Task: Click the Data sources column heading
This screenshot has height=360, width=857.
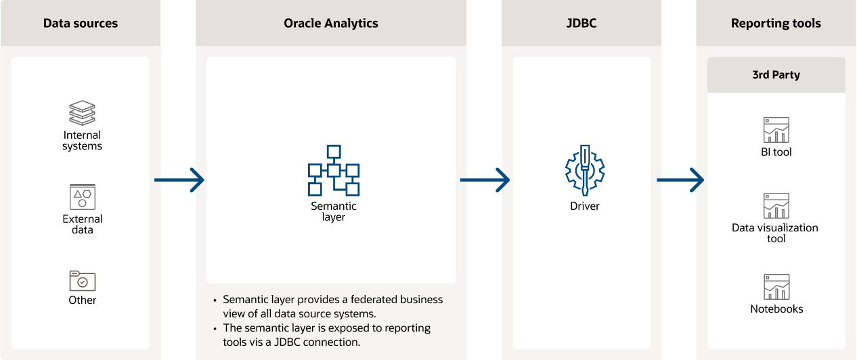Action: tap(81, 24)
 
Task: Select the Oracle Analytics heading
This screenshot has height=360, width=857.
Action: tap(331, 24)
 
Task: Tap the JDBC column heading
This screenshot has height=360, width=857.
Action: tap(581, 24)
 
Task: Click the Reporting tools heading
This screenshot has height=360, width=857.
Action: tap(776, 24)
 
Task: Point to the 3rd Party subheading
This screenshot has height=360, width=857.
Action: tap(776, 75)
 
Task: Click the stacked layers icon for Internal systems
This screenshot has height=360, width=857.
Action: tap(83, 113)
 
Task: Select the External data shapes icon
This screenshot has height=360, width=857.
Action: tap(83, 197)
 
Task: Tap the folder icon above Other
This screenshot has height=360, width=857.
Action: tap(83, 280)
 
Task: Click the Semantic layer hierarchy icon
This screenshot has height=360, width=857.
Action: tap(334, 170)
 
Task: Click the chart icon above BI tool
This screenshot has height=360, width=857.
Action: tap(776, 130)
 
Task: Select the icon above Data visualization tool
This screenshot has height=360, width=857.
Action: tap(776, 206)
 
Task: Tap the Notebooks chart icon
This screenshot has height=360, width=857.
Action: tap(776, 287)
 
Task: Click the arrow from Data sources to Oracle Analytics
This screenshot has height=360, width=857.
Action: tap(179, 180)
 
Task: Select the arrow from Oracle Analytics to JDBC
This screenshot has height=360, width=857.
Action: tap(485, 180)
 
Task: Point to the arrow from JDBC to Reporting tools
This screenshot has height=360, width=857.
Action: tap(680, 180)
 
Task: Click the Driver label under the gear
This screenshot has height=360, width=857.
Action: tap(585, 206)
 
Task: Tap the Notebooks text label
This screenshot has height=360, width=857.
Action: tap(776, 309)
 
